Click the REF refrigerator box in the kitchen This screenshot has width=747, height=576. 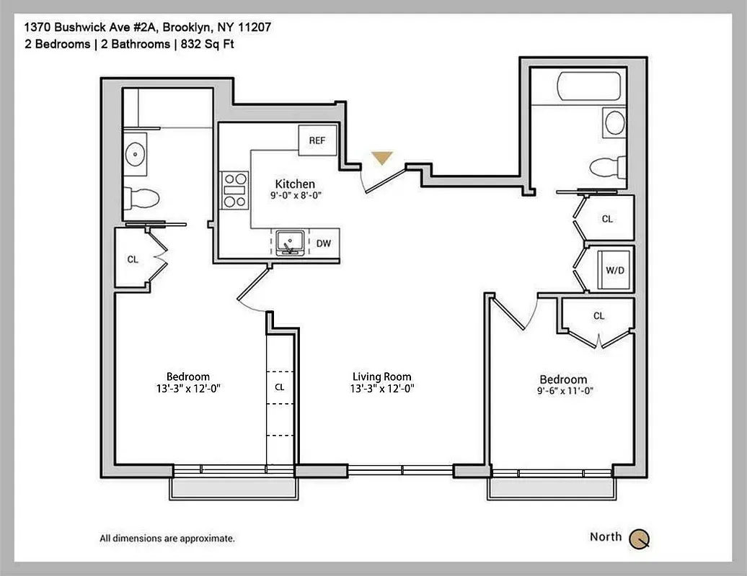(317, 140)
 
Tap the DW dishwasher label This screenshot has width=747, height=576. (323, 243)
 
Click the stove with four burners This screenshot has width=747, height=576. (234, 191)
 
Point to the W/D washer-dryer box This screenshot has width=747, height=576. (614, 271)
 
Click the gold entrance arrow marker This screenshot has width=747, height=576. (381, 158)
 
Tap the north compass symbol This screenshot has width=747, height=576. (639, 538)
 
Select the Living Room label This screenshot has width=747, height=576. (381, 377)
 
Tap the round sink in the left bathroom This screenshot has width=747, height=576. (135, 153)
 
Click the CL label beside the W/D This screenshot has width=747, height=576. (607, 219)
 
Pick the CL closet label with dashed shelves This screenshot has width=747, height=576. (280, 387)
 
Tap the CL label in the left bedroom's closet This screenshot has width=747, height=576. (133, 260)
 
